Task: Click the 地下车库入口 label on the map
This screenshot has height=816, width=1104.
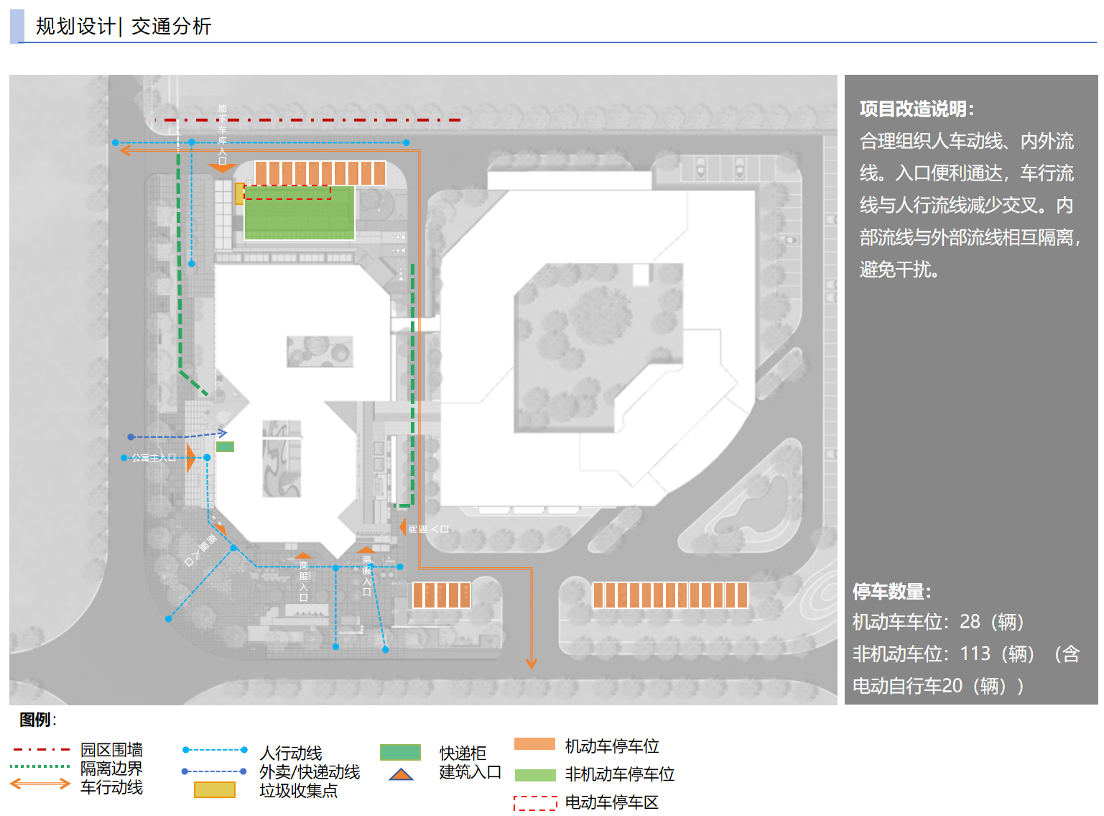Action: pos(222,134)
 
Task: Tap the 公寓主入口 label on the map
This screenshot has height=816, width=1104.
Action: pos(154,457)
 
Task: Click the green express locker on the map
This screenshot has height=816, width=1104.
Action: pos(225,446)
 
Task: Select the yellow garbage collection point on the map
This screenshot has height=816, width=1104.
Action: pos(239,193)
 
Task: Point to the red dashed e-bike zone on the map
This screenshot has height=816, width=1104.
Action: pos(287,193)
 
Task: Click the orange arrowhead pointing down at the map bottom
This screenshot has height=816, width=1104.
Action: pos(532,664)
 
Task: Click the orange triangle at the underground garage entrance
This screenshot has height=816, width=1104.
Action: pos(222,168)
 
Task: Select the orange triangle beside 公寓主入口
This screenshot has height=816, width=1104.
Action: pos(190,457)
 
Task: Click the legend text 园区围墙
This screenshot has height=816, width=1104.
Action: pos(111,750)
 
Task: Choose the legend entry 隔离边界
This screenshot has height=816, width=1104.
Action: pos(111,769)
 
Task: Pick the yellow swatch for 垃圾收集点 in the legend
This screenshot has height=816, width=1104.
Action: pos(214,790)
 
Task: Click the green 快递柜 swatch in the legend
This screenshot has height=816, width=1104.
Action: pos(400,753)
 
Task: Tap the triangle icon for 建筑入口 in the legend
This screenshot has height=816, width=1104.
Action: pos(401,774)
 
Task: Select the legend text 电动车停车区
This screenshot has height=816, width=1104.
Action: pos(611,802)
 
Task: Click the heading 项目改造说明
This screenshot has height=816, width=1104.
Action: pos(916,109)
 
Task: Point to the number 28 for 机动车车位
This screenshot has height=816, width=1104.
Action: pos(970,621)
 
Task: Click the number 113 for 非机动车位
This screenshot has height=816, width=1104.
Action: pos(975,654)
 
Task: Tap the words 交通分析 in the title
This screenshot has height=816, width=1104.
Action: pos(172,27)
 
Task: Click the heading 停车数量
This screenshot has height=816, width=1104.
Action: pos(891,592)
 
